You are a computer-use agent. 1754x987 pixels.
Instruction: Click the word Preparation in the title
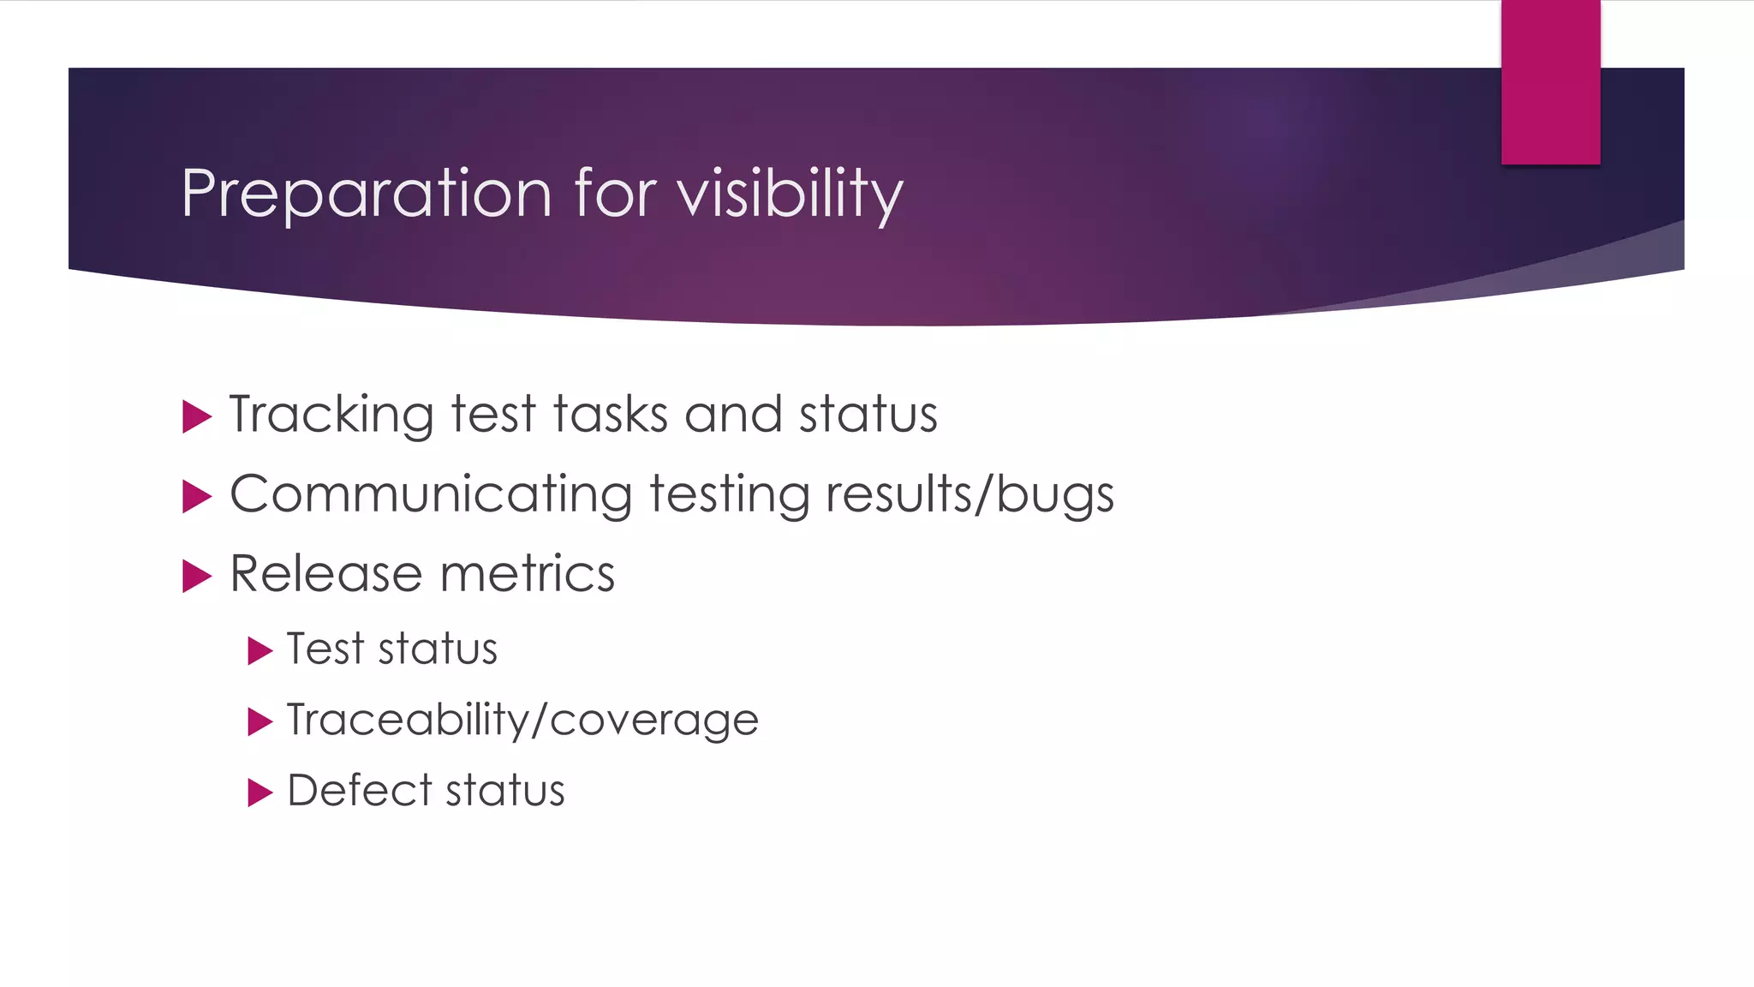tap(367, 194)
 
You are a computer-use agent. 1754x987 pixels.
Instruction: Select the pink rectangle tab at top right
tap(1550, 82)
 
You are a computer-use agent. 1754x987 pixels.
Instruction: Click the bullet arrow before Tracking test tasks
tap(196, 417)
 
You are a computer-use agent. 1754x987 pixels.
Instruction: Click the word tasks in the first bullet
tap(610, 415)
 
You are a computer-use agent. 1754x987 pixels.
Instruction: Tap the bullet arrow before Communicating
tap(196, 497)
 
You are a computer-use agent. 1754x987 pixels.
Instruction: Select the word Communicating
tap(431, 495)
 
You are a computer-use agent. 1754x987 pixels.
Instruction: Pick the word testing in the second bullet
tap(729, 495)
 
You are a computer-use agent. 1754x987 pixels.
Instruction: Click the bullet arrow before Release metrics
tap(196, 577)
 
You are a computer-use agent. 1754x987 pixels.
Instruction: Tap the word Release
tap(326, 573)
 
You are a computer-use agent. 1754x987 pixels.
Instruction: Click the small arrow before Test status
tap(259, 651)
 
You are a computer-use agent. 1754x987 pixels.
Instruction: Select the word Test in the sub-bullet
tap(325, 649)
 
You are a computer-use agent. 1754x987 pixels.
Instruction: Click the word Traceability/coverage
tap(522, 720)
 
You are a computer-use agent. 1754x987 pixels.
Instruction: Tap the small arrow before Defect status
tap(259, 793)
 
